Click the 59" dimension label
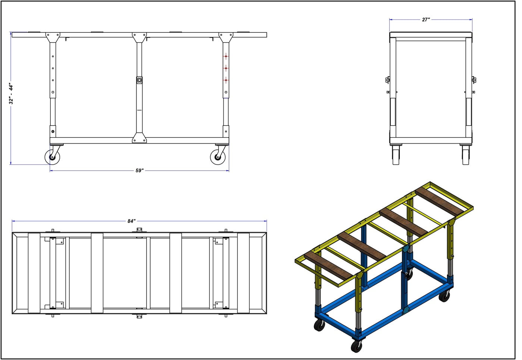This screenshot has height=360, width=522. pyautogui.click(x=139, y=171)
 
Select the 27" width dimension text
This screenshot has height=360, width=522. pyautogui.click(x=426, y=20)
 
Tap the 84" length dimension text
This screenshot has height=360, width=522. pyautogui.click(x=131, y=221)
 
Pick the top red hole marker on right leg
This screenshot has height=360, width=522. pyautogui.click(x=226, y=56)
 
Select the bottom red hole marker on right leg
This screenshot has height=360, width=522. pyautogui.click(x=226, y=80)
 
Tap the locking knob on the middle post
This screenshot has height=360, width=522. pyautogui.click(x=139, y=80)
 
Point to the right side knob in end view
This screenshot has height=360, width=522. pyautogui.click(x=474, y=79)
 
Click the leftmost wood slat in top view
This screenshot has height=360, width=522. pyautogui.click(x=34, y=273)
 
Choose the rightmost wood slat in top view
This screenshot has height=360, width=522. pyautogui.click(x=243, y=273)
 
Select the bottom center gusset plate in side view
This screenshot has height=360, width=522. pyautogui.click(x=139, y=138)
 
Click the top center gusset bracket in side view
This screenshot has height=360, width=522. pyautogui.click(x=139, y=37)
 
